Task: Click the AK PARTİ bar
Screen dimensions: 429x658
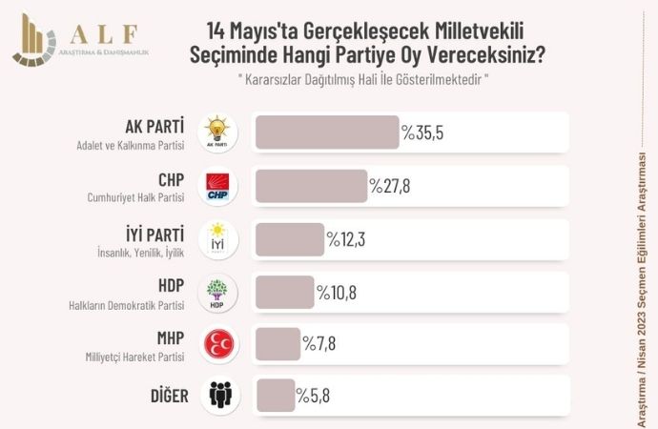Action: click(326, 133)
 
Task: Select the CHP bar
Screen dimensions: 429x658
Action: click(311, 186)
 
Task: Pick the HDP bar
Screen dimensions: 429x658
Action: click(284, 292)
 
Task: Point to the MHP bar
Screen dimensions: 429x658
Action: click(278, 343)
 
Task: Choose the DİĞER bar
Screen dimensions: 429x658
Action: click(275, 394)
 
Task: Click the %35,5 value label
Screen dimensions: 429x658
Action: click(422, 133)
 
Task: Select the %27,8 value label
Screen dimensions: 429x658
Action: click(390, 187)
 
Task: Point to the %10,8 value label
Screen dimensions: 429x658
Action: click(337, 293)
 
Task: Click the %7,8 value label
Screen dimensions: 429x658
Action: click(322, 344)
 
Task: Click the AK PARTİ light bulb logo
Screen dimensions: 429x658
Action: click(218, 133)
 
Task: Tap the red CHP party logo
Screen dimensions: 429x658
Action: click(218, 186)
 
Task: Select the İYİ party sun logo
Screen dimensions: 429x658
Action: click(218, 239)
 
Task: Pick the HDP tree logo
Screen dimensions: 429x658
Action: click(218, 292)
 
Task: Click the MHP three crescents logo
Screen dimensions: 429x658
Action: click(218, 343)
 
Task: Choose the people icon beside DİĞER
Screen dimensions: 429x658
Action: click(218, 394)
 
